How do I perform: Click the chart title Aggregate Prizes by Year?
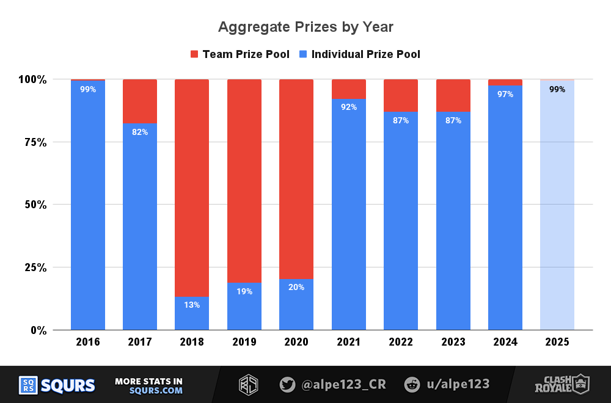point(305,27)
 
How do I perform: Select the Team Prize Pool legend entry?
point(240,54)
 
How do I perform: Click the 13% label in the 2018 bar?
point(192,305)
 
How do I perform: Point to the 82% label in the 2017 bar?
point(140,132)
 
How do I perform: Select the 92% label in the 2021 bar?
point(349,107)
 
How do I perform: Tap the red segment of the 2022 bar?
point(401,95)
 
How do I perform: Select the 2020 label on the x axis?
point(296,342)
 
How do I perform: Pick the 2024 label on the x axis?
point(505,342)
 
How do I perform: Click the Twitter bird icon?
point(287,385)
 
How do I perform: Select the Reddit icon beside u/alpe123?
point(412,385)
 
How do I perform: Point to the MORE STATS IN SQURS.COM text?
point(148,385)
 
